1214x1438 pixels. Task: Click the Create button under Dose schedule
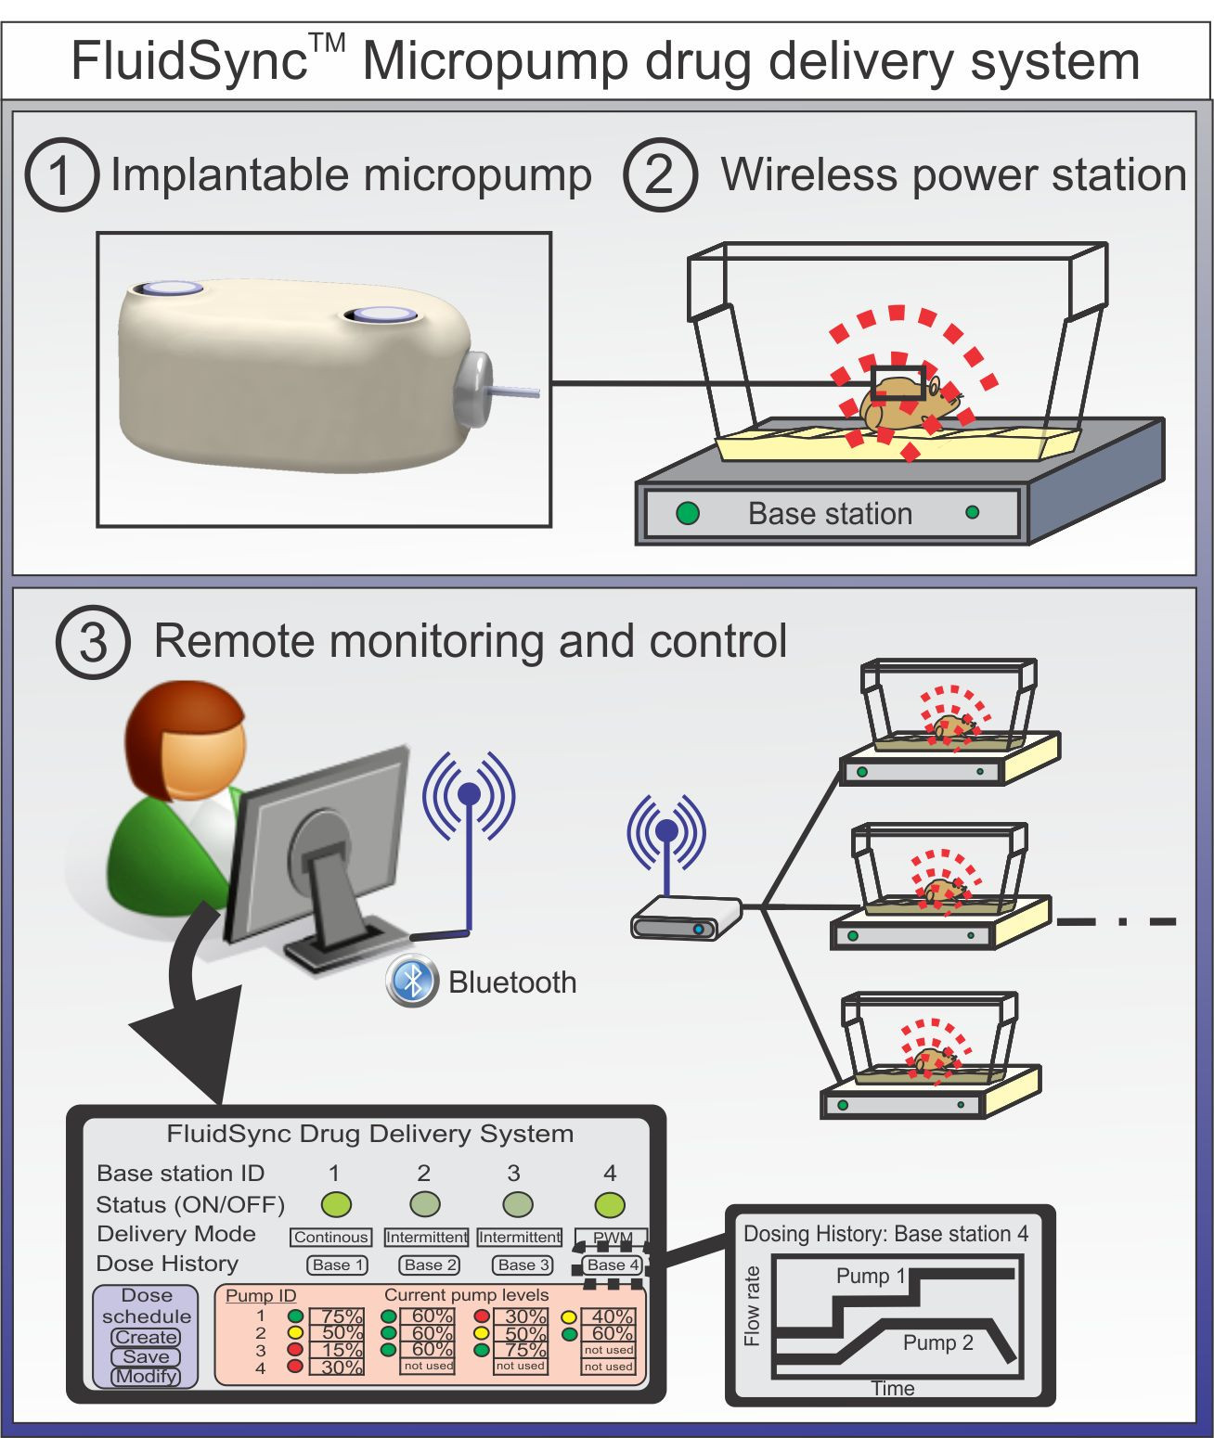(146, 1337)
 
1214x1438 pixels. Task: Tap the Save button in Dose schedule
(146, 1356)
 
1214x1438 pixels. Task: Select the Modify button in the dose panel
(146, 1376)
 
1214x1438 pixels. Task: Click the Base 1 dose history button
(338, 1265)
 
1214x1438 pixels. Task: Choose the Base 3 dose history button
(523, 1265)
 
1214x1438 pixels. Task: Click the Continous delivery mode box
(331, 1237)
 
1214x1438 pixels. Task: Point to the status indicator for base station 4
(610, 1204)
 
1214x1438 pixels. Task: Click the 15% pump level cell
(341, 1350)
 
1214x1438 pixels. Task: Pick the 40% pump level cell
(612, 1316)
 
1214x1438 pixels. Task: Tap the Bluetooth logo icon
(411, 980)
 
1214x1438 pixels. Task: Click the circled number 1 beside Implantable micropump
(61, 175)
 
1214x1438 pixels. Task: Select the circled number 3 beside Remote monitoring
(93, 642)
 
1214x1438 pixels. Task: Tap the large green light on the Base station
(688, 513)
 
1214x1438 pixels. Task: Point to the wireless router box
(686, 918)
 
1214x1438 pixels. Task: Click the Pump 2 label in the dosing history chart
(937, 1342)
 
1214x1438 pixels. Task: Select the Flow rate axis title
(753, 1305)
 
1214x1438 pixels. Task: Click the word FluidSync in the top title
(190, 61)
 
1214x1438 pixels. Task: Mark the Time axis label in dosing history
(893, 1388)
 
